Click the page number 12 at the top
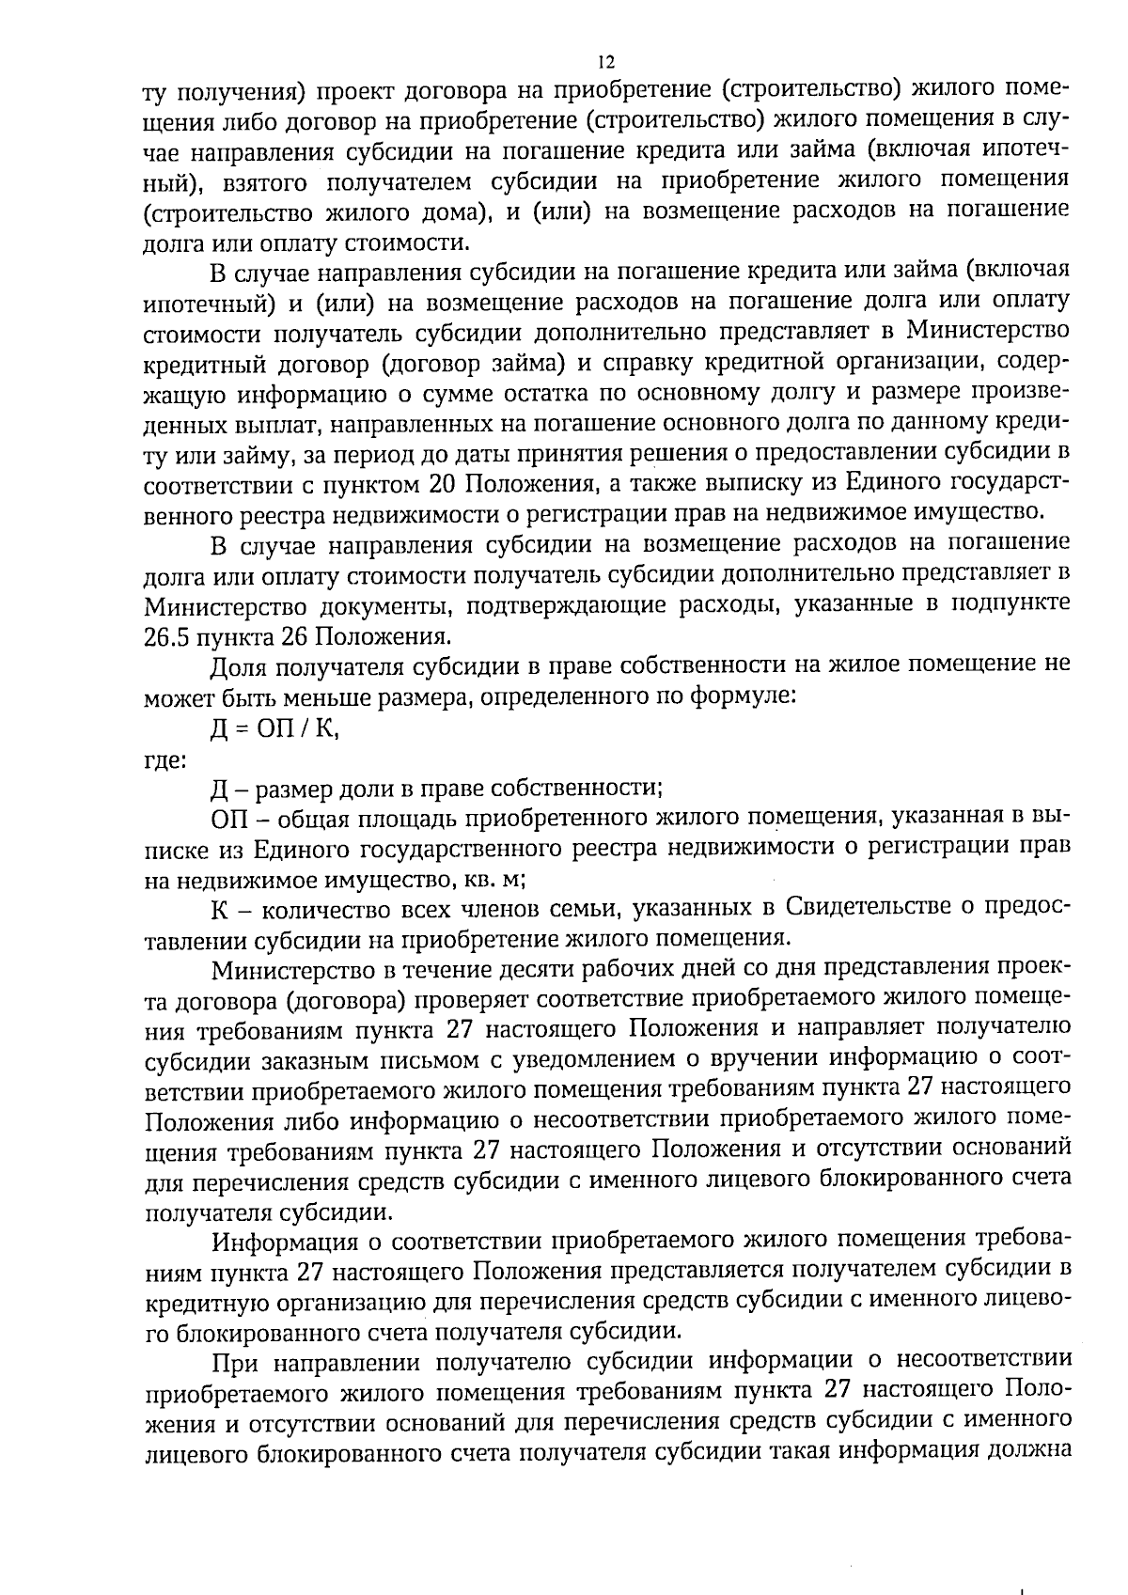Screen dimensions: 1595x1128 click(x=605, y=62)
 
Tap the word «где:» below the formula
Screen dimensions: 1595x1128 click(x=164, y=758)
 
